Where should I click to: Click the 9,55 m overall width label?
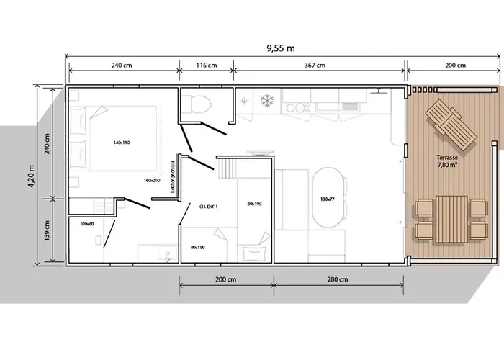pos(280,48)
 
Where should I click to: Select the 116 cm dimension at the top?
pos(206,65)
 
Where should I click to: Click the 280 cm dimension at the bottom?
pos(338,279)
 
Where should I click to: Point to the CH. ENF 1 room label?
pos(207,206)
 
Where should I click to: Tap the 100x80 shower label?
pos(86,224)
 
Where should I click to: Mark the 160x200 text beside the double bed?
pos(152,180)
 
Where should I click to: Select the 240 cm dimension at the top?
pos(122,65)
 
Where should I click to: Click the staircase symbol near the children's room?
pos(227,170)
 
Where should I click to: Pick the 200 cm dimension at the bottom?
pos(226,279)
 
